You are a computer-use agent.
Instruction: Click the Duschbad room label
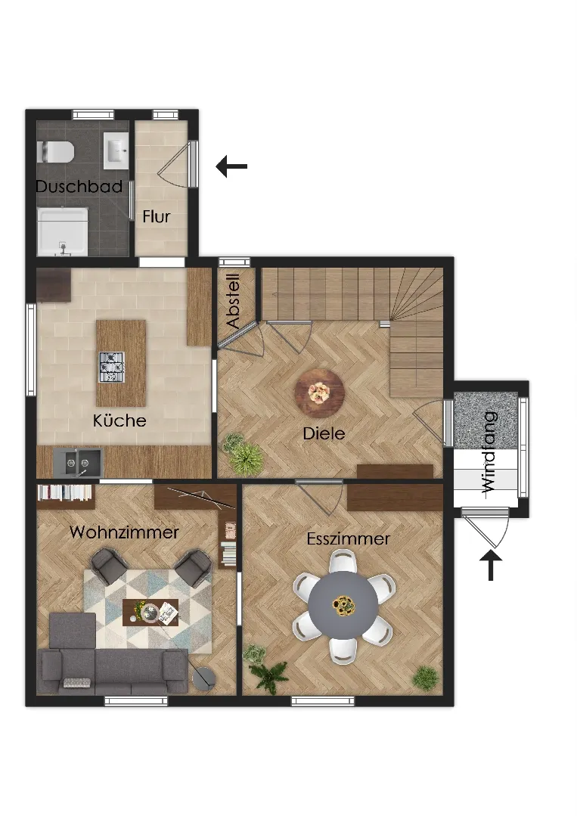click(79, 186)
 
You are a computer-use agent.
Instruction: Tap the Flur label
click(157, 216)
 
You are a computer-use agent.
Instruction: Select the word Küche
click(119, 420)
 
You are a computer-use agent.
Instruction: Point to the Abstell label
click(234, 301)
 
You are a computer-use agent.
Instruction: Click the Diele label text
click(324, 433)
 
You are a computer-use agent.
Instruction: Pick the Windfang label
click(489, 452)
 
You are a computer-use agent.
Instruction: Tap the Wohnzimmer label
click(124, 532)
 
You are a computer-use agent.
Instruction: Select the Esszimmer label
click(348, 538)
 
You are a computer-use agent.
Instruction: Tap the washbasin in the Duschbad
click(116, 150)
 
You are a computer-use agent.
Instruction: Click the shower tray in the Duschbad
click(63, 232)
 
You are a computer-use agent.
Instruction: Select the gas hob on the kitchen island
click(112, 368)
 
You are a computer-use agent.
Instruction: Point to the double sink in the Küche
click(78, 461)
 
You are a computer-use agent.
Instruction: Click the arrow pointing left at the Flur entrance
click(231, 166)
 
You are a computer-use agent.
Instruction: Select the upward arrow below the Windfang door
click(491, 565)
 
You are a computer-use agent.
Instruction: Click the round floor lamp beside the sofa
click(203, 678)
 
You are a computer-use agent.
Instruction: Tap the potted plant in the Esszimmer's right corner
click(426, 677)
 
